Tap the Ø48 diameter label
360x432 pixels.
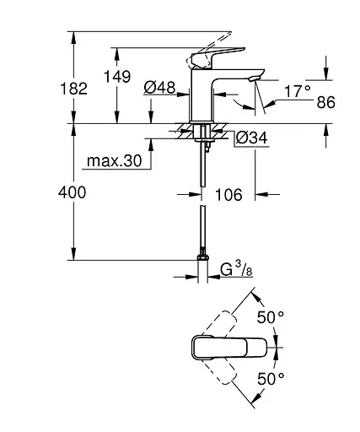point(159,87)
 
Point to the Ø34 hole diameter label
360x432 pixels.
point(245,138)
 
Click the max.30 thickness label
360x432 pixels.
point(112,159)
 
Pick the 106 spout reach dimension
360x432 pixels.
point(227,195)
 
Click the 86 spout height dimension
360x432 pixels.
point(325,102)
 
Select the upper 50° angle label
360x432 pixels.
point(271,319)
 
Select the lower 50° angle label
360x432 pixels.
point(271,379)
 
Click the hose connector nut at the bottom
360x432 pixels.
point(201,255)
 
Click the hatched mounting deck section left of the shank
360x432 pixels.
point(183,131)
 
